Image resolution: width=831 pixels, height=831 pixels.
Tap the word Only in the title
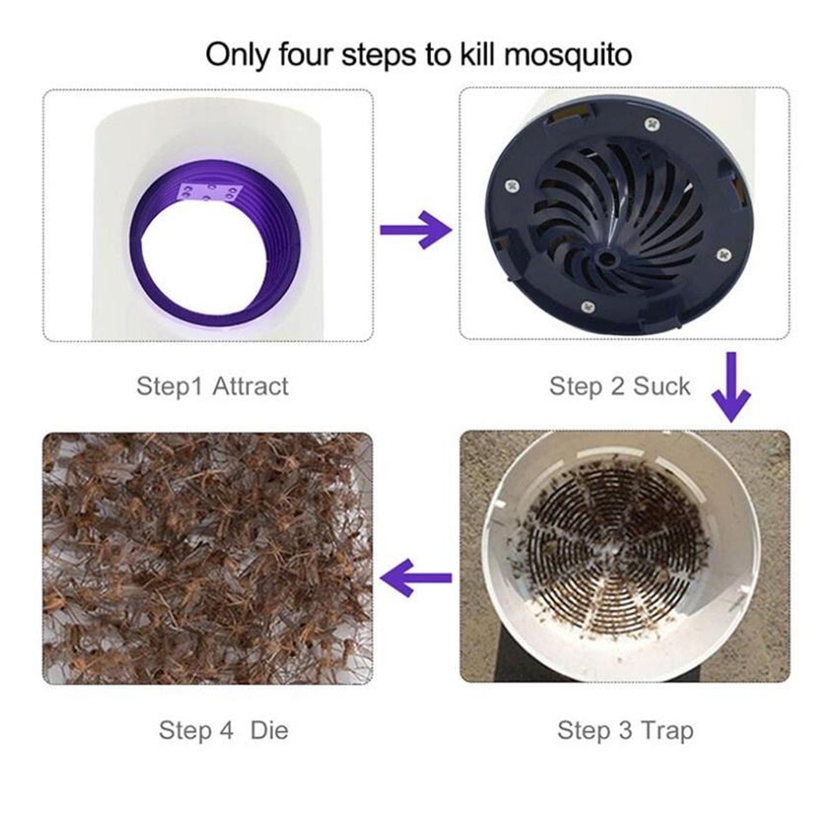238,55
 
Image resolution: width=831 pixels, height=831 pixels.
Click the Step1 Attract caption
212,386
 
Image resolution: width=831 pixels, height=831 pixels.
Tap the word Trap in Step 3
667,730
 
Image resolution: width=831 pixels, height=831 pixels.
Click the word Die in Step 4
269,730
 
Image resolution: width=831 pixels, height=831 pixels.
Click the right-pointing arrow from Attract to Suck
415,229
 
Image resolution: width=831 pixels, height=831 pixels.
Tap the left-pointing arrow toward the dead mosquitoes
415,577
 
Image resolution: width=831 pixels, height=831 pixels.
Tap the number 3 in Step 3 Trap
625,730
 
